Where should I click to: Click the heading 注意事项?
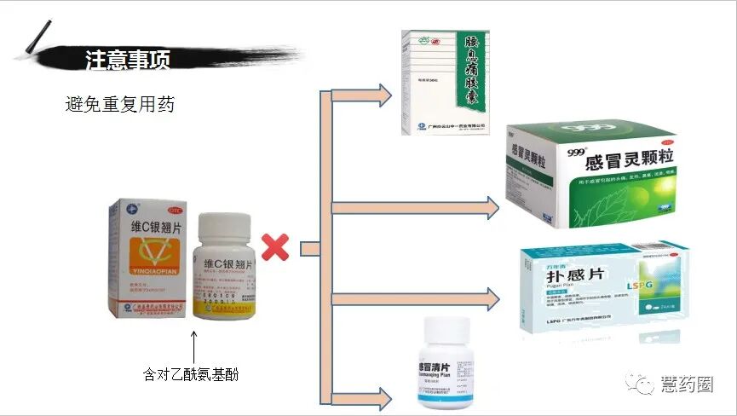(128, 60)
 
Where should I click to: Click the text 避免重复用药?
(120, 105)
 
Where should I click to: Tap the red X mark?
(274, 247)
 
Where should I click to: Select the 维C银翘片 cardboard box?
(146, 256)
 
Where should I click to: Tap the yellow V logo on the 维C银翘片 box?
(146, 256)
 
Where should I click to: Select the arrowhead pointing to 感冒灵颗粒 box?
(491, 207)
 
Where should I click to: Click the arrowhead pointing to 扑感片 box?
(491, 298)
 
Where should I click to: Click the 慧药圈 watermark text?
(687, 384)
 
